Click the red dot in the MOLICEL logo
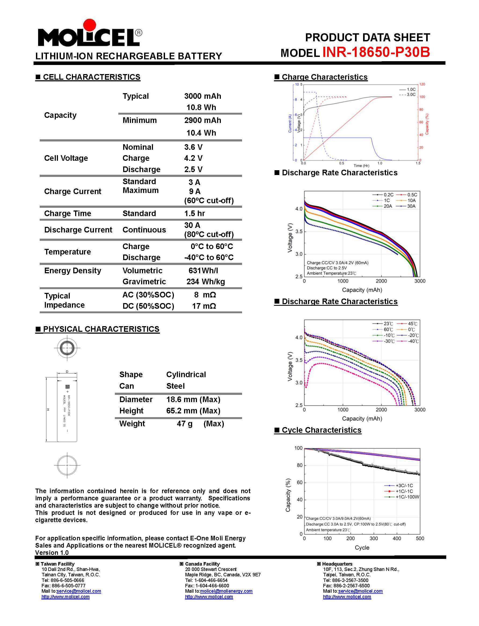90,25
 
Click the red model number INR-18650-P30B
376,52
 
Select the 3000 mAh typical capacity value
202,96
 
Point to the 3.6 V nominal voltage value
193,147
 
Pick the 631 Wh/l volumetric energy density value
203,270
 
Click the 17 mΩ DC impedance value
204,306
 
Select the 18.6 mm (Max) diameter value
193,399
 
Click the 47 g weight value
184,424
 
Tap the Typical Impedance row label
64,300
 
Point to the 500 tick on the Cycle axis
420,538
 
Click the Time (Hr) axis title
361,166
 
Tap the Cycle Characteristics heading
321,430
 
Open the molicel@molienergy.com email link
226,591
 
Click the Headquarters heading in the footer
337,564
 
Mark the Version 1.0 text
52,552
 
